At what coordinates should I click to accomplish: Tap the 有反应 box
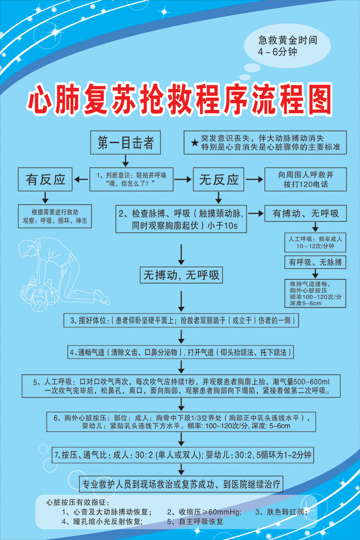[x=46, y=180]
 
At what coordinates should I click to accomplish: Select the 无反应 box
[x=219, y=180]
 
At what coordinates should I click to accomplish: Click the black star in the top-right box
[x=194, y=143]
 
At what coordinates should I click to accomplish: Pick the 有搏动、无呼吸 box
[x=306, y=213]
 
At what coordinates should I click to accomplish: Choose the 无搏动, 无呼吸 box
[x=181, y=275]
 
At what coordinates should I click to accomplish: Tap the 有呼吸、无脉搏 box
[x=315, y=262]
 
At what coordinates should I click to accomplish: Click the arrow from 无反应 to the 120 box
[x=254, y=180]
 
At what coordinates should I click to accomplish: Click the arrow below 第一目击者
[x=125, y=159]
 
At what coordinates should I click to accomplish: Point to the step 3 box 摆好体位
[x=181, y=320]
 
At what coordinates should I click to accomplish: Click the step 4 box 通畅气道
[x=181, y=352]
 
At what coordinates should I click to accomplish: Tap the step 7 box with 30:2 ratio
[x=183, y=454]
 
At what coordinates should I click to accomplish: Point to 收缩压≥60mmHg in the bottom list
[x=204, y=512]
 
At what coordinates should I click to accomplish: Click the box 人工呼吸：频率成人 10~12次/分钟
[x=315, y=242]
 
